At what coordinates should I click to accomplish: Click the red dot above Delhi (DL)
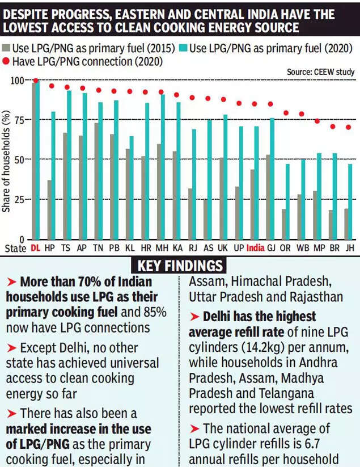coord(36,81)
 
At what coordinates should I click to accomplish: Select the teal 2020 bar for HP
coord(53,176)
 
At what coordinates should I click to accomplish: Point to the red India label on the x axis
coord(255,248)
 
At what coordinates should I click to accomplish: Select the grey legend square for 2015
coord(7,48)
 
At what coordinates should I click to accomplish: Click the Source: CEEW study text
coord(321,71)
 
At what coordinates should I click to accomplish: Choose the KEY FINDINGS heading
coord(180,266)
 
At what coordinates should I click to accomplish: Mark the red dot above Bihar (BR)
coord(333,127)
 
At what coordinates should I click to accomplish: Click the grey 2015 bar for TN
coord(97,182)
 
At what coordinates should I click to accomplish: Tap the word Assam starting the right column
coord(206,281)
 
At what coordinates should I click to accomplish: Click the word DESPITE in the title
coord(29,12)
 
